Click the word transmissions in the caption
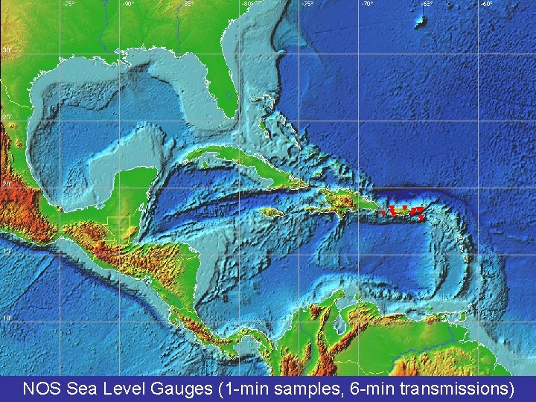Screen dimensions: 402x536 456,388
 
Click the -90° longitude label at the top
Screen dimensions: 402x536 128,4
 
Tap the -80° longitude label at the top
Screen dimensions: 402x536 247,4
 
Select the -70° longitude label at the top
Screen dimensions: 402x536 367,4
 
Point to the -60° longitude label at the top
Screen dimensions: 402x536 486,4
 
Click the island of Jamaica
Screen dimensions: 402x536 270,212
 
